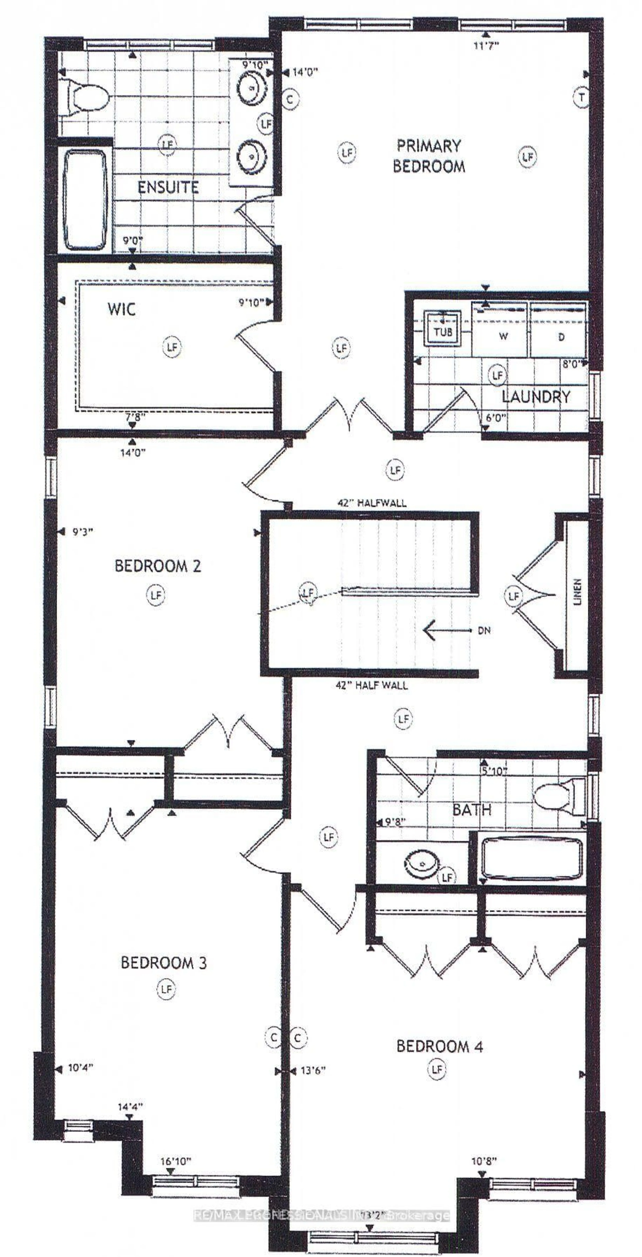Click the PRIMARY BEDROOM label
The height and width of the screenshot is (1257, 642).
(428, 156)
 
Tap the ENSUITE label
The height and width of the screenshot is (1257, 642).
(168, 187)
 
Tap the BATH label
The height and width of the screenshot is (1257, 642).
(471, 810)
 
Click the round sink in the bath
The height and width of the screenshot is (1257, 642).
(420, 863)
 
